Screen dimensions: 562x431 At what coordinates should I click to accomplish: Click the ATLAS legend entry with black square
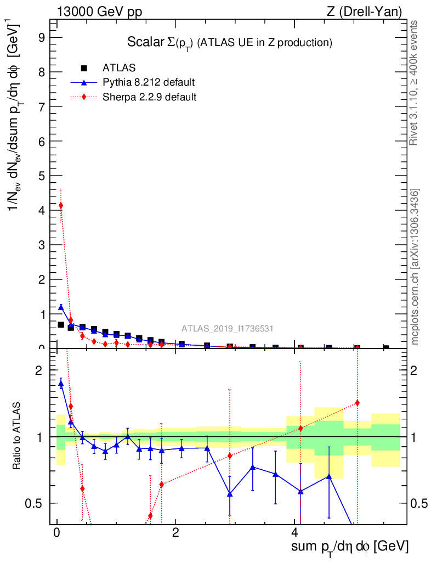[x=119, y=68]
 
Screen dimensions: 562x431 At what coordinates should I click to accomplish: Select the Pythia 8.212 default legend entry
[x=148, y=83]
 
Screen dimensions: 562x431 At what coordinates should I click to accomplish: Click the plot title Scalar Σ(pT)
[x=230, y=42]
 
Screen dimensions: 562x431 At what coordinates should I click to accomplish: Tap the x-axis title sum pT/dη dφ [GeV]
[x=349, y=547]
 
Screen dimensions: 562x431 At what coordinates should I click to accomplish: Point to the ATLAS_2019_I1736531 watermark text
[x=228, y=329]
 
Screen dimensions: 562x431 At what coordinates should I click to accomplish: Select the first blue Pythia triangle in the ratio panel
[x=61, y=384]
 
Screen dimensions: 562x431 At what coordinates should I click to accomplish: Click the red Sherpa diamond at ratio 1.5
[x=357, y=403]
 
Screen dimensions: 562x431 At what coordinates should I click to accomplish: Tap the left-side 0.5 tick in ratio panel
[x=39, y=503]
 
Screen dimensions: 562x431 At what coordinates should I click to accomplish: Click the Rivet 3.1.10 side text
[x=414, y=83]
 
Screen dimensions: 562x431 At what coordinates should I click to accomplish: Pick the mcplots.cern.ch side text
[x=415, y=267]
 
